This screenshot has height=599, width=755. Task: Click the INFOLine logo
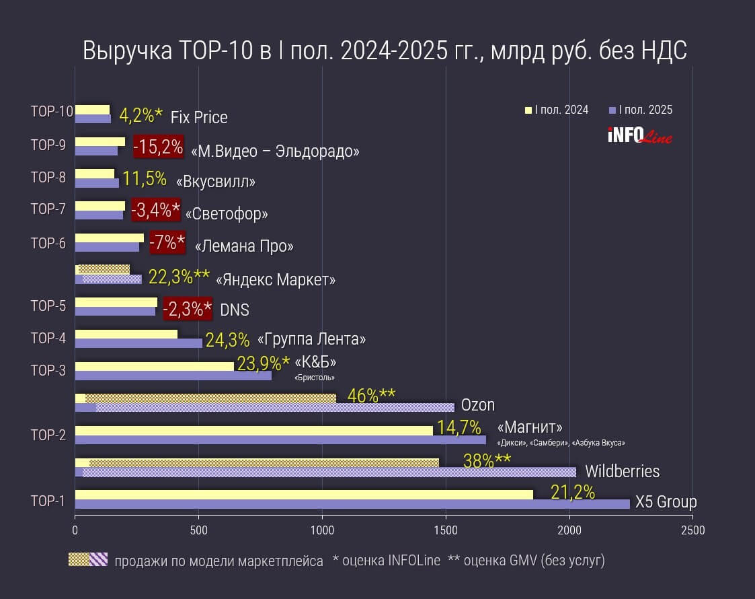coord(639,135)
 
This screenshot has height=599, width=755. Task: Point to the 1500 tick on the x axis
coord(446,530)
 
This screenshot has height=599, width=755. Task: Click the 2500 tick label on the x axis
coord(692,530)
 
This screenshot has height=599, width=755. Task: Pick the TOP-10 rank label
coord(52,112)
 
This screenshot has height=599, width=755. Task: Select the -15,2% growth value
coord(158,147)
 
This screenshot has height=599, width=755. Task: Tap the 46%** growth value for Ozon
coord(371,395)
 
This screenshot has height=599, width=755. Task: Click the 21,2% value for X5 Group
coord(572,493)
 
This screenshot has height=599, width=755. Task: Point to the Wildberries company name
coord(622,471)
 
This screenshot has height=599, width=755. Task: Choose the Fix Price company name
coord(199,118)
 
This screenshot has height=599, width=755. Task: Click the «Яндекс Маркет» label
coord(276,279)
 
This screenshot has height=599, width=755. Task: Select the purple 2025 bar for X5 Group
coord(352,504)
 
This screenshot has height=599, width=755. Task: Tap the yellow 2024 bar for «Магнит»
coord(254,430)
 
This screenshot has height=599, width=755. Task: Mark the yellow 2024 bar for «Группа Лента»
coord(126,334)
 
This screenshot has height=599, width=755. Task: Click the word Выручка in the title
coord(126,52)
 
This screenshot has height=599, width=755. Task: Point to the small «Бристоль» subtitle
coord(315,378)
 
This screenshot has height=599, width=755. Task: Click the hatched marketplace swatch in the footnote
coord(88,559)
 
